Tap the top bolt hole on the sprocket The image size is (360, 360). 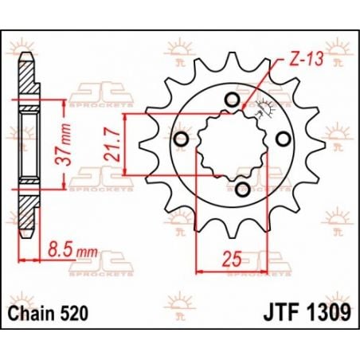pos(231,100)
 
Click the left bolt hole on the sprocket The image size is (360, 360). pos(182,140)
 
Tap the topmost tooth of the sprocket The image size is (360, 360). pos(235,57)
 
